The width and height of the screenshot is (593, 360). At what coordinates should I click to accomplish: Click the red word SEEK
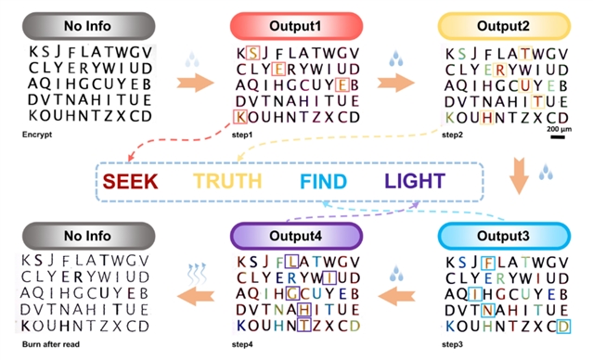(x=130, y=181)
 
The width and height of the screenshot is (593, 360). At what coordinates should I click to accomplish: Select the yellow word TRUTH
(x=227, y=181)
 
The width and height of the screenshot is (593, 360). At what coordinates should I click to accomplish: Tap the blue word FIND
(x=323, y=182)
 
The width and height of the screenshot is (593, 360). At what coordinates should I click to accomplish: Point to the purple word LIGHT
(x=415, y=181)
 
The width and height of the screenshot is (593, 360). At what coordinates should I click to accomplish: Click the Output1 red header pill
(x=297, y=26)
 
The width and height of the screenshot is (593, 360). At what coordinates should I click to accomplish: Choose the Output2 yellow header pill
(x=504, y=26)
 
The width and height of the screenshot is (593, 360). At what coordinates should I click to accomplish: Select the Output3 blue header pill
(x=504, y=236)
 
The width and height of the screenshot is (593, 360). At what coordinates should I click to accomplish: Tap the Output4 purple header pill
(x=297, y=236)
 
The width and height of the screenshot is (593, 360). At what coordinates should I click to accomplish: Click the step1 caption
(x=242, y=135)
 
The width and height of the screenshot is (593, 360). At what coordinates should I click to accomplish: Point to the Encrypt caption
(x=37, y=135)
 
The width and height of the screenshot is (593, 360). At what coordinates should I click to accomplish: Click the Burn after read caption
(x=51, y=344)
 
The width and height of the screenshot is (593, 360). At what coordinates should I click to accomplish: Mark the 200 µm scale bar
(x=558, y=137)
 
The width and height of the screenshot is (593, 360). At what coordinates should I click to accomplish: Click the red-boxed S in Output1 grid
(x=252, y=53)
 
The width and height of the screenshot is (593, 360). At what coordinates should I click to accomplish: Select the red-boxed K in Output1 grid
(x=240, y=117)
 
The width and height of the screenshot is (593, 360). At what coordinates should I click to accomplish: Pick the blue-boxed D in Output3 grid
(x=563, y=327)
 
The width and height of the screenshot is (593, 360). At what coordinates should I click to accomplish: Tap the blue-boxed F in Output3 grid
(x=488, y=263)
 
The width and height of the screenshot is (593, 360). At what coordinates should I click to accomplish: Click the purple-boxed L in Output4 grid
(x=291, y=262)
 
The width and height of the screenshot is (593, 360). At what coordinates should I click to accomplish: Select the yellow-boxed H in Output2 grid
(x=487, y=118)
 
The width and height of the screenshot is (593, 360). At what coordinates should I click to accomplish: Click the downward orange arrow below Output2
(x=519, y=176)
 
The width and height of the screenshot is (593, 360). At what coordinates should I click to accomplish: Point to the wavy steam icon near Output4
(x=197, y=274)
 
